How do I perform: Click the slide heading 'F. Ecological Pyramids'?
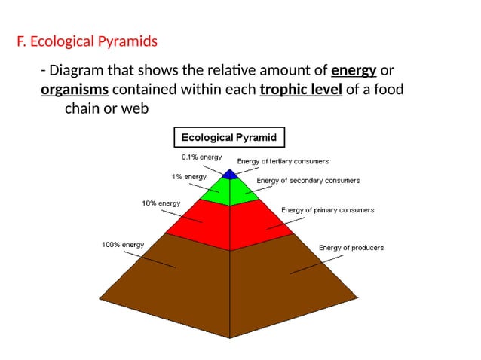(87, 41)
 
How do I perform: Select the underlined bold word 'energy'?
(354, 71)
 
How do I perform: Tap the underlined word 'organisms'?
(74, 90)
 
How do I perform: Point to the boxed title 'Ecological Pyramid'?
(230, 138)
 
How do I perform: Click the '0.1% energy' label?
(201, 157)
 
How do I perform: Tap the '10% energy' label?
(161, 203)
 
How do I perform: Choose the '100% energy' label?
(122, 245)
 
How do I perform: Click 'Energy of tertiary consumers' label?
(283, 161)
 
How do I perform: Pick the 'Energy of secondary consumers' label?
(308, 181)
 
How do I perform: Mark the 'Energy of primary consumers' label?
(327, 210)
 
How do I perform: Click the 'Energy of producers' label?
(351, 248)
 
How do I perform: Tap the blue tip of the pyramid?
(230, 175)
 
